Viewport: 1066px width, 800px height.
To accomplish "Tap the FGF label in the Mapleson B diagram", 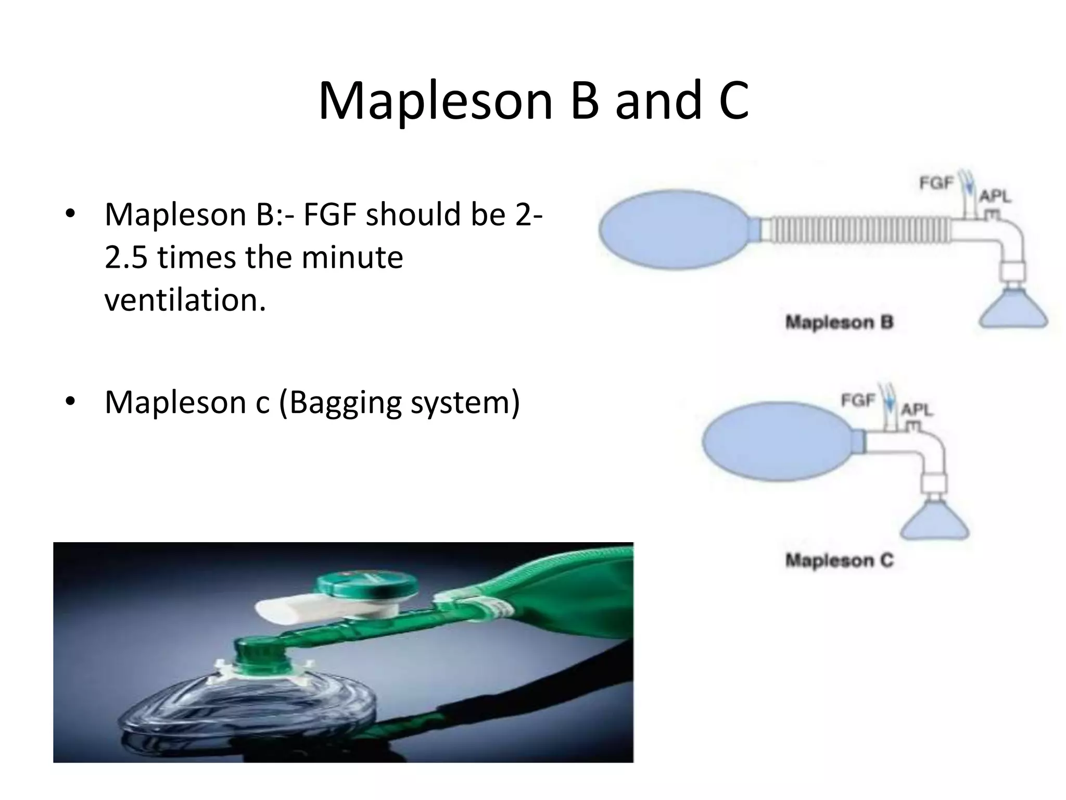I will pyautogui.click(x=936, y=184).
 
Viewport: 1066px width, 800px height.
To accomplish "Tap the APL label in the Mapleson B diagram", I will pyautogui.click(x=995, y=197).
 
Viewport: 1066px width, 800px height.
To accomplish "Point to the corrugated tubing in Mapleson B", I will pyautogui.click(x=859, y=230).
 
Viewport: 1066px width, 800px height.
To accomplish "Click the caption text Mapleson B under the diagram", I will pyautogui.click(x=839, y=322).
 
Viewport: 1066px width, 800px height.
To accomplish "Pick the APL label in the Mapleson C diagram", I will pyautogui.click(x=917, y=409).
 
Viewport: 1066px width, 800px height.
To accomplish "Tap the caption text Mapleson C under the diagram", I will pyautogui.click(x=839, y=561).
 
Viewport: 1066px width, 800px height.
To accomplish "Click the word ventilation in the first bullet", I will pyautogui.click(x=185, y=301).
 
